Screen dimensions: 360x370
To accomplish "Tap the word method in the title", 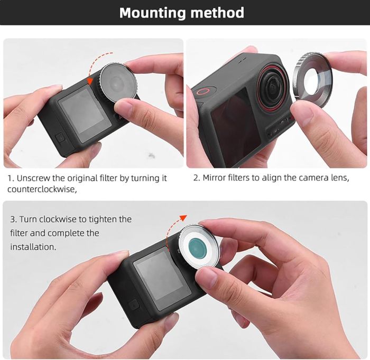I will [218, 13].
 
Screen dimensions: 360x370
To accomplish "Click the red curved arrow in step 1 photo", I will [93, 66].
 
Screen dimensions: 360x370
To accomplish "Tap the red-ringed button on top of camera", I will [202, 90].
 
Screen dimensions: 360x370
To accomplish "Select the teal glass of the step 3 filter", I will [197, 246].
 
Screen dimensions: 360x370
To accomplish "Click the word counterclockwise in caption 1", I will [42, 189].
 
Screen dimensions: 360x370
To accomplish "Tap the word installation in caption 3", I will [32, 247].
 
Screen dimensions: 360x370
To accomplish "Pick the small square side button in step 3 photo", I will [134, 305].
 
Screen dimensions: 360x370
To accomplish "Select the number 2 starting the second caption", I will [196, 178].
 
